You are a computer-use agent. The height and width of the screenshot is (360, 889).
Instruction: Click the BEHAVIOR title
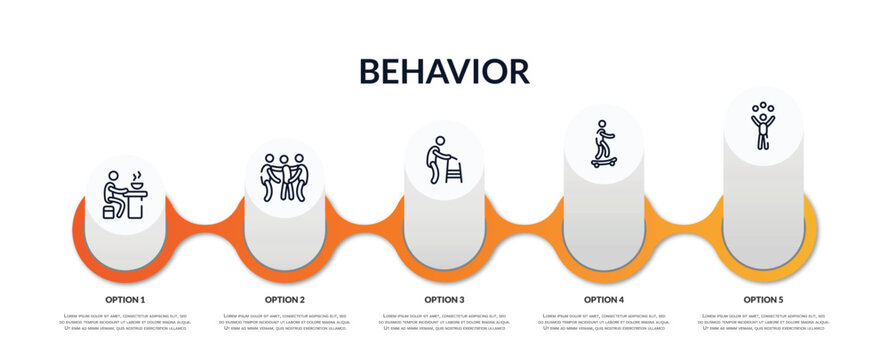click(444, 71)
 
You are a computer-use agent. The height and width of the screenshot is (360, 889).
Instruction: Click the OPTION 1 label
click(125, 299)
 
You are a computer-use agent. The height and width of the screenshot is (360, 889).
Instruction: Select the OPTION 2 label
click(285, 299)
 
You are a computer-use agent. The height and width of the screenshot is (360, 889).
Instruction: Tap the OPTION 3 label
click(444, 299)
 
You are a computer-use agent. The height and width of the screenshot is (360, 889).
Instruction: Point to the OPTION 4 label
click(604, 299)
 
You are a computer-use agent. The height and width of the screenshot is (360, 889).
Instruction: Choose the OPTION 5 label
click(763, 299)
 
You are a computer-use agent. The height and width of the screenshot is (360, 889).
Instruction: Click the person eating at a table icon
click(125, 195)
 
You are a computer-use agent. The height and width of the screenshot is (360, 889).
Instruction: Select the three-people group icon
click(284, 177)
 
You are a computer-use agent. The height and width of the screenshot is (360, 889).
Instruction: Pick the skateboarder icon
click(603, 143)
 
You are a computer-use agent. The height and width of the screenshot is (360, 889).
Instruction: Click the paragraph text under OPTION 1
click(125, 322)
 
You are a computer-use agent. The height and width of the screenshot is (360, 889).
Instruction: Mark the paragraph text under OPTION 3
click(444, 322)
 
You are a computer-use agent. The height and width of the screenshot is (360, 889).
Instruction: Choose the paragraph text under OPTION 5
click(763, 322)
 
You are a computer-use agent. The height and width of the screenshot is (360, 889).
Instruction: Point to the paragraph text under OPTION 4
click(604, 322)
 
